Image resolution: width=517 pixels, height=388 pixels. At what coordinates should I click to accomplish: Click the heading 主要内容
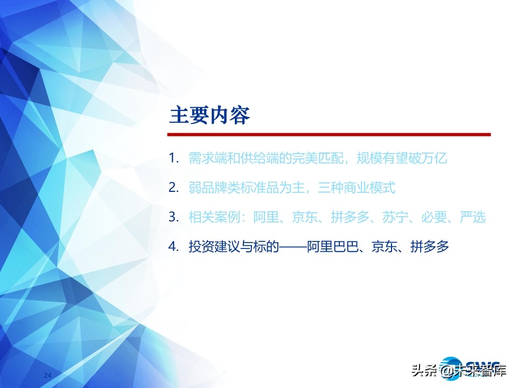(209, 115)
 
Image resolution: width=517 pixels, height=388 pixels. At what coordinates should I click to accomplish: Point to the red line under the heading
(329, 134)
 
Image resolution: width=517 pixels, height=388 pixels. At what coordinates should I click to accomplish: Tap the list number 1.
(173, 158)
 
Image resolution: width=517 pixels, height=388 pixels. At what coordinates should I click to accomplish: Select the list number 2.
(173, 188)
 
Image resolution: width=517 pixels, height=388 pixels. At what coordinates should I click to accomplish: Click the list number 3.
(173, 217)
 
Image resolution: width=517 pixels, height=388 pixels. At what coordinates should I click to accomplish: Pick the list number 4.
(173, 247)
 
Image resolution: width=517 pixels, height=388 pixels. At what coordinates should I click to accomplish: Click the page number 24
(47, 375)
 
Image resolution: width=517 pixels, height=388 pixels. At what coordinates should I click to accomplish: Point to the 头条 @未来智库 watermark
(458, 371)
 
